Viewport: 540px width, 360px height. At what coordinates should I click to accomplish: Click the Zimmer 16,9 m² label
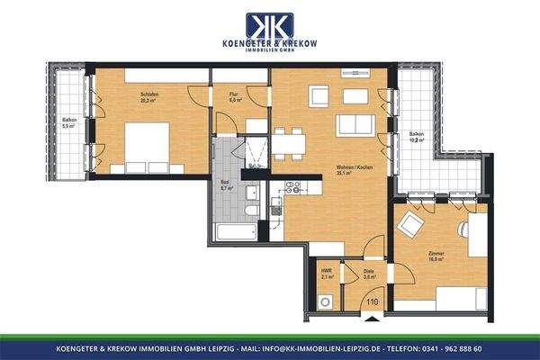click(436, 257)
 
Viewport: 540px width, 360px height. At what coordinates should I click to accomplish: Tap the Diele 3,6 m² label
click(369, 274)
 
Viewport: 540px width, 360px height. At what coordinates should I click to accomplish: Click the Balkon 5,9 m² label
click(68, 122)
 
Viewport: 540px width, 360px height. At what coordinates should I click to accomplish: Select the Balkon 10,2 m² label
click(417, 138)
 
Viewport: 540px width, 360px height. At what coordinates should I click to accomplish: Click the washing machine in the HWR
click(326, 301)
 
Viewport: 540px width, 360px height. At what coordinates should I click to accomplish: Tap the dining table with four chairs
click(288, 142)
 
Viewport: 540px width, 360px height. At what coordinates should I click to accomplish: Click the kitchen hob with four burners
click(292, 187)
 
